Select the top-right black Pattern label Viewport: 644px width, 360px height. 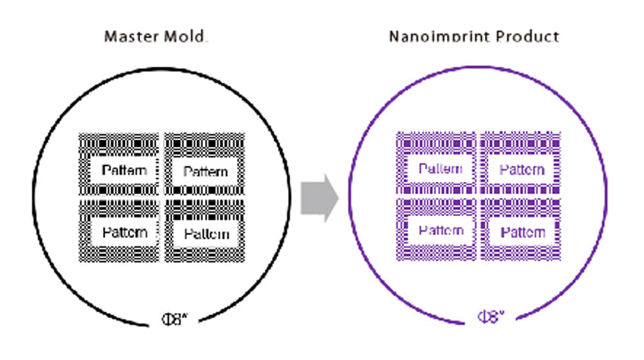(206, 171)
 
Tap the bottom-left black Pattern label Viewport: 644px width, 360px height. (123, 232)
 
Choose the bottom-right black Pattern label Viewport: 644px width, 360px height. (207, 233)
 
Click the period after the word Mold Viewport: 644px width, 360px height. (206, 40)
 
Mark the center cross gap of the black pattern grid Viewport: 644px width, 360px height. (162, 199)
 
